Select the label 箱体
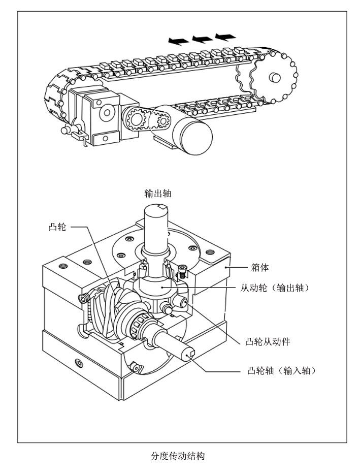[260, 268]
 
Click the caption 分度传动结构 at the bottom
[178, 455]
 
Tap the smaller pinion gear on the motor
[162, 122]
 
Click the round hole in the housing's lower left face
[78, 363]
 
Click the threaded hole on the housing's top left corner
[63, 266]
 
